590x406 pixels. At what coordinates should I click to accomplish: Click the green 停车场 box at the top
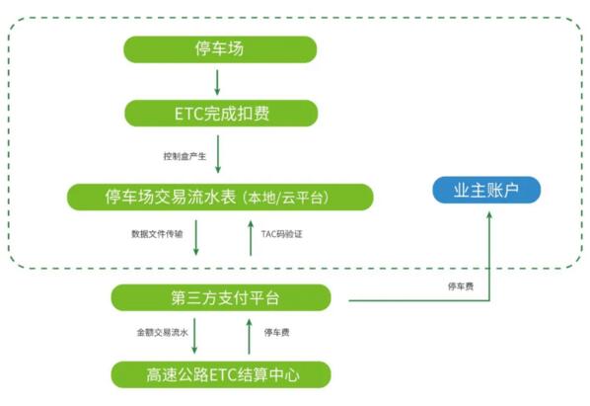tap(220, 49)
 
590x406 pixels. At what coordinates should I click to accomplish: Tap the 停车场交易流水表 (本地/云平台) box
tap(220, 197)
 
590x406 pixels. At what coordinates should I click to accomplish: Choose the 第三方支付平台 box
tap(220, 296)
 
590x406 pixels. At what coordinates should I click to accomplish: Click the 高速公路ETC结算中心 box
tap(220, 374)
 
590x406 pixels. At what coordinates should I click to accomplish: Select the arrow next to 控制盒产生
tap(219, 154)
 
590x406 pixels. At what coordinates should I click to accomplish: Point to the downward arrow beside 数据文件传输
tap(195, 238)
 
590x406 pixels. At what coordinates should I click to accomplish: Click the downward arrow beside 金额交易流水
tap(195, 336)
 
